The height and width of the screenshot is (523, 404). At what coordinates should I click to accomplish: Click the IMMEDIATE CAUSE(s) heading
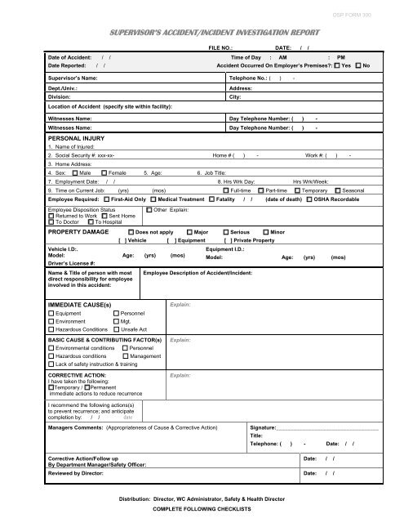pos(79,303)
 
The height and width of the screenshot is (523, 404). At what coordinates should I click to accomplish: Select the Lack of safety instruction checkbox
pos(51,364)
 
